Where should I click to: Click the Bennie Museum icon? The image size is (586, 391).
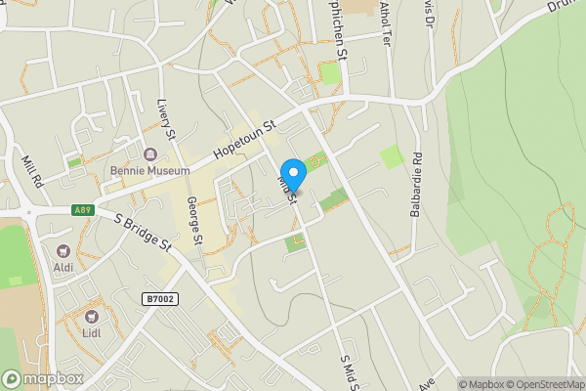coord(151,154)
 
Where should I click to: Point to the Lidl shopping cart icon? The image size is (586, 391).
coord(93,316)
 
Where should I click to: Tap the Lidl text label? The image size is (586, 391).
coord(93,332)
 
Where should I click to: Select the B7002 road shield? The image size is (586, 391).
coord(159,299)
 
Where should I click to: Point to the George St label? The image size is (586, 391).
coord(193,220)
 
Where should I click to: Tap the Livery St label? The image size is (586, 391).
coord(165,118)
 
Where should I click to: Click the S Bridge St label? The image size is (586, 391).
coord(143,234)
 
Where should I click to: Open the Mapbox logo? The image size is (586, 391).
coord(43,378)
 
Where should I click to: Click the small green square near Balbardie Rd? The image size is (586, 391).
coord(392,155)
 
